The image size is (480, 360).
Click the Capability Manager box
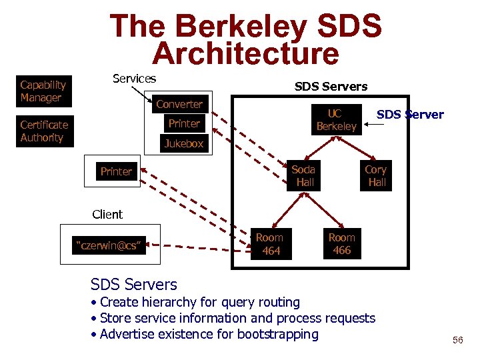tap(43, 91)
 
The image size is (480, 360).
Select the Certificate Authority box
tap(44, 131)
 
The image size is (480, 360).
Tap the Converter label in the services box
tap(179, 104)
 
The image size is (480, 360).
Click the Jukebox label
tap(184, 143)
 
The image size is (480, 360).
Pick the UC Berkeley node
tap(336, 120)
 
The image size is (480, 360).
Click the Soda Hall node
tap(304, 175)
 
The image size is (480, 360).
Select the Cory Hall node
tap(376, 175)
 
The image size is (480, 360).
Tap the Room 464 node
tap(270, 244)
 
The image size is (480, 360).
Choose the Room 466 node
tap(341, 244)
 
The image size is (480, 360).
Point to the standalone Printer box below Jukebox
tap(116, 171)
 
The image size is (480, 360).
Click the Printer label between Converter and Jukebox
tap(184, 123)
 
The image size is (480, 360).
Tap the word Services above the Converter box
tap(134, 79)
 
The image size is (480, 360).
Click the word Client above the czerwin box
tap(107, 215)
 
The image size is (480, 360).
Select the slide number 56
tap(457, 340)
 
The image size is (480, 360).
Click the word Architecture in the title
tap(245, 53)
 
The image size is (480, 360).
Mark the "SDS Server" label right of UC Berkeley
tap(410, 115)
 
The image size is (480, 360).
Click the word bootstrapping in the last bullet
tap(268, 334)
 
